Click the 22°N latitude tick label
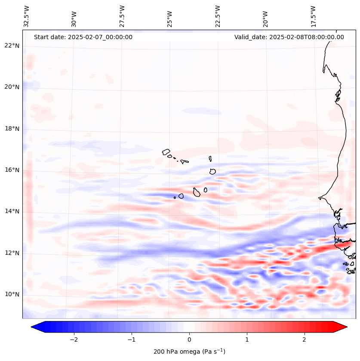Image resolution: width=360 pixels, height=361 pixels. click(12, 46)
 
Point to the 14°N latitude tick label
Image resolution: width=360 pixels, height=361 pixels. click(12, 211)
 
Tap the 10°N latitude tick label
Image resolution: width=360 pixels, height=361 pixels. click(12, 294)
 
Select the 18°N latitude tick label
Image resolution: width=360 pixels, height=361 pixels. click(12, 129)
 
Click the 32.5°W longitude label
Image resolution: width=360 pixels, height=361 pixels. click(27, 16)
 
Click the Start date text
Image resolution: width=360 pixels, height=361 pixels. click(83, 37)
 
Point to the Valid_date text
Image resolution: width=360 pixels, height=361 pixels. click(289, 37)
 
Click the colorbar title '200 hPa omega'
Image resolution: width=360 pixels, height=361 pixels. click(189, 352)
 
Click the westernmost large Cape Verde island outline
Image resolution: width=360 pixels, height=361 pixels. click(166, 151)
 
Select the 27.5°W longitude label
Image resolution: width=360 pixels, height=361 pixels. click(122, 16)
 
